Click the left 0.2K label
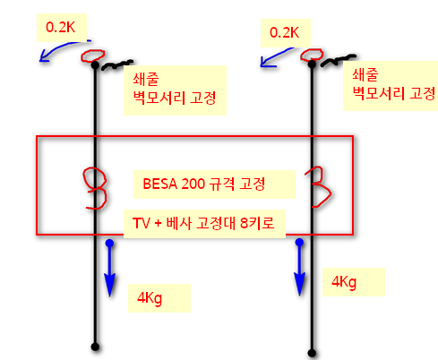[x=60, y=27]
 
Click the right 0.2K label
[x=284, y=32]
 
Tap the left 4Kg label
[x=150, y=298]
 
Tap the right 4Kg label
[x=344, y=282]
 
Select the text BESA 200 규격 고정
[x=204, y=184]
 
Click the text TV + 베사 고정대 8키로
[x=203, y=223]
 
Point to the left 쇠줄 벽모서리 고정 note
[x=175, y=89]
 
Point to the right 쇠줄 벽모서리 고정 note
[x=394, y=84]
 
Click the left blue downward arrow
[x=110, y=268]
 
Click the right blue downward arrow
[x=299, y=267]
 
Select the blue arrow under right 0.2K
[x=276, y=56]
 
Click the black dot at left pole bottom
[x=95, y=347]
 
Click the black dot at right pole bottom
[x=312, y=353]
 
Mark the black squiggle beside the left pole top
[x=116, y=65]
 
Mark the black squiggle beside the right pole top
[x=339, y=60]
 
